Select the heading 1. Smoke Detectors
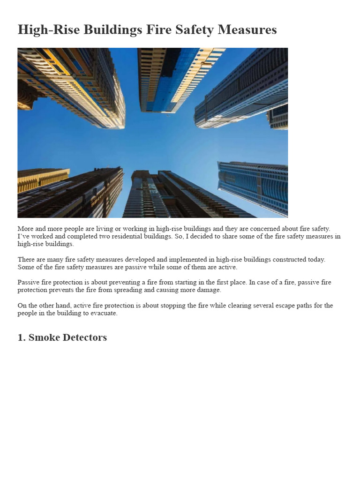(62, 337)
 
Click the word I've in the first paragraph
(23, 236)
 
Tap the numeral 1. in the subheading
(22, 337)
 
